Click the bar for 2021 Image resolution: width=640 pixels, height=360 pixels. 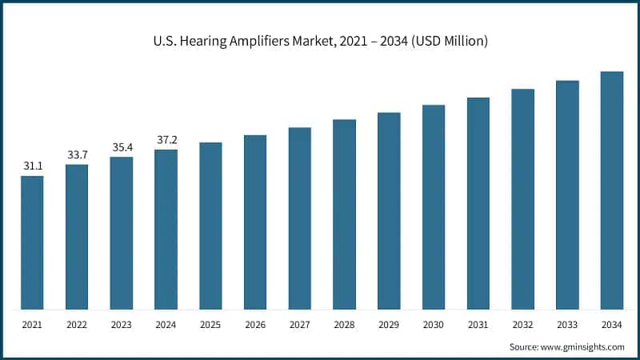[32, 242]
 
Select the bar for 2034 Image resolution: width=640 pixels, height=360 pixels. [612, 190]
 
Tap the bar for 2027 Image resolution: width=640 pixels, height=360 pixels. [300, 218]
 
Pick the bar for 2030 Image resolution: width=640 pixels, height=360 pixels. [434, 207]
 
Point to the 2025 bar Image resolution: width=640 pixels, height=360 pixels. [210, 226]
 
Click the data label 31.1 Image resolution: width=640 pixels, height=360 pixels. [32, 166]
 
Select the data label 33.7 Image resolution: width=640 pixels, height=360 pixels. [77, 154]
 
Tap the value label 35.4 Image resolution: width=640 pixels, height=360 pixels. [122, 146]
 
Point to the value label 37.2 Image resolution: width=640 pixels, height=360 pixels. [166, 139]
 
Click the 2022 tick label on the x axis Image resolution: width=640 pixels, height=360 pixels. [77, 324]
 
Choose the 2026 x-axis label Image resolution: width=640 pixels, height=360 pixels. [255, 324]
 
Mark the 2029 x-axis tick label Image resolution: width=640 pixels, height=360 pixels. [389, 324]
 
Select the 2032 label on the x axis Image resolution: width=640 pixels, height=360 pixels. [522, 324]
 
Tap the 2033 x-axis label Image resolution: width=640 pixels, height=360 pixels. [567, 324]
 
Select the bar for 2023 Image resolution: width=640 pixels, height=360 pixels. [122, 233]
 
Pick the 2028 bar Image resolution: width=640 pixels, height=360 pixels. [344, 214]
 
